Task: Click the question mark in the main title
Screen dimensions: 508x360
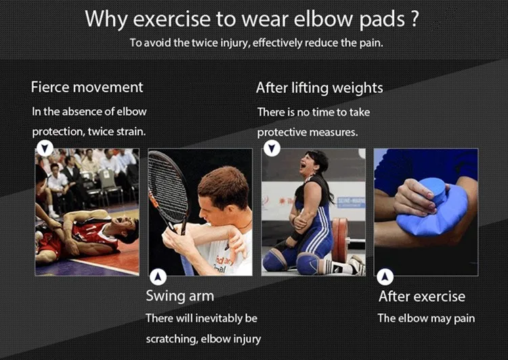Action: pyautogui.click(x=413, y=18)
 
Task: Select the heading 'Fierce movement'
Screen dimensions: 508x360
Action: pyautogui.click(x=87, y=87)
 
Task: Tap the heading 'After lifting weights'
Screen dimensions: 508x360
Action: pyautogui.click(x=320, y=88)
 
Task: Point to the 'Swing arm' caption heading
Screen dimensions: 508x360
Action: pyautogui.click(x=179, y=296)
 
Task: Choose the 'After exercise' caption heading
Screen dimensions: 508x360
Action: pyautogui.click(x=422, y=296)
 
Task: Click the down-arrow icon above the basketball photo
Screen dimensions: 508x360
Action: pyautogui.click(x=45, y=148)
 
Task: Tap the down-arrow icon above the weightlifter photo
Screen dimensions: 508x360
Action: pyautogui.click(x=272, y=148)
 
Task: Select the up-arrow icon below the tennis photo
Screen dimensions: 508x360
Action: pyautogui.click(x=158, y=277)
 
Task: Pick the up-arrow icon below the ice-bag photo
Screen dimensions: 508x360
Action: pyautogui.click(x=385, y=277)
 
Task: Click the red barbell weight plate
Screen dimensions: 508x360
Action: pyautogui.click(x=339, y=239)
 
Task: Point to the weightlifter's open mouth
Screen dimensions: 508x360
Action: pyautogui.click(x=303, y=165)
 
